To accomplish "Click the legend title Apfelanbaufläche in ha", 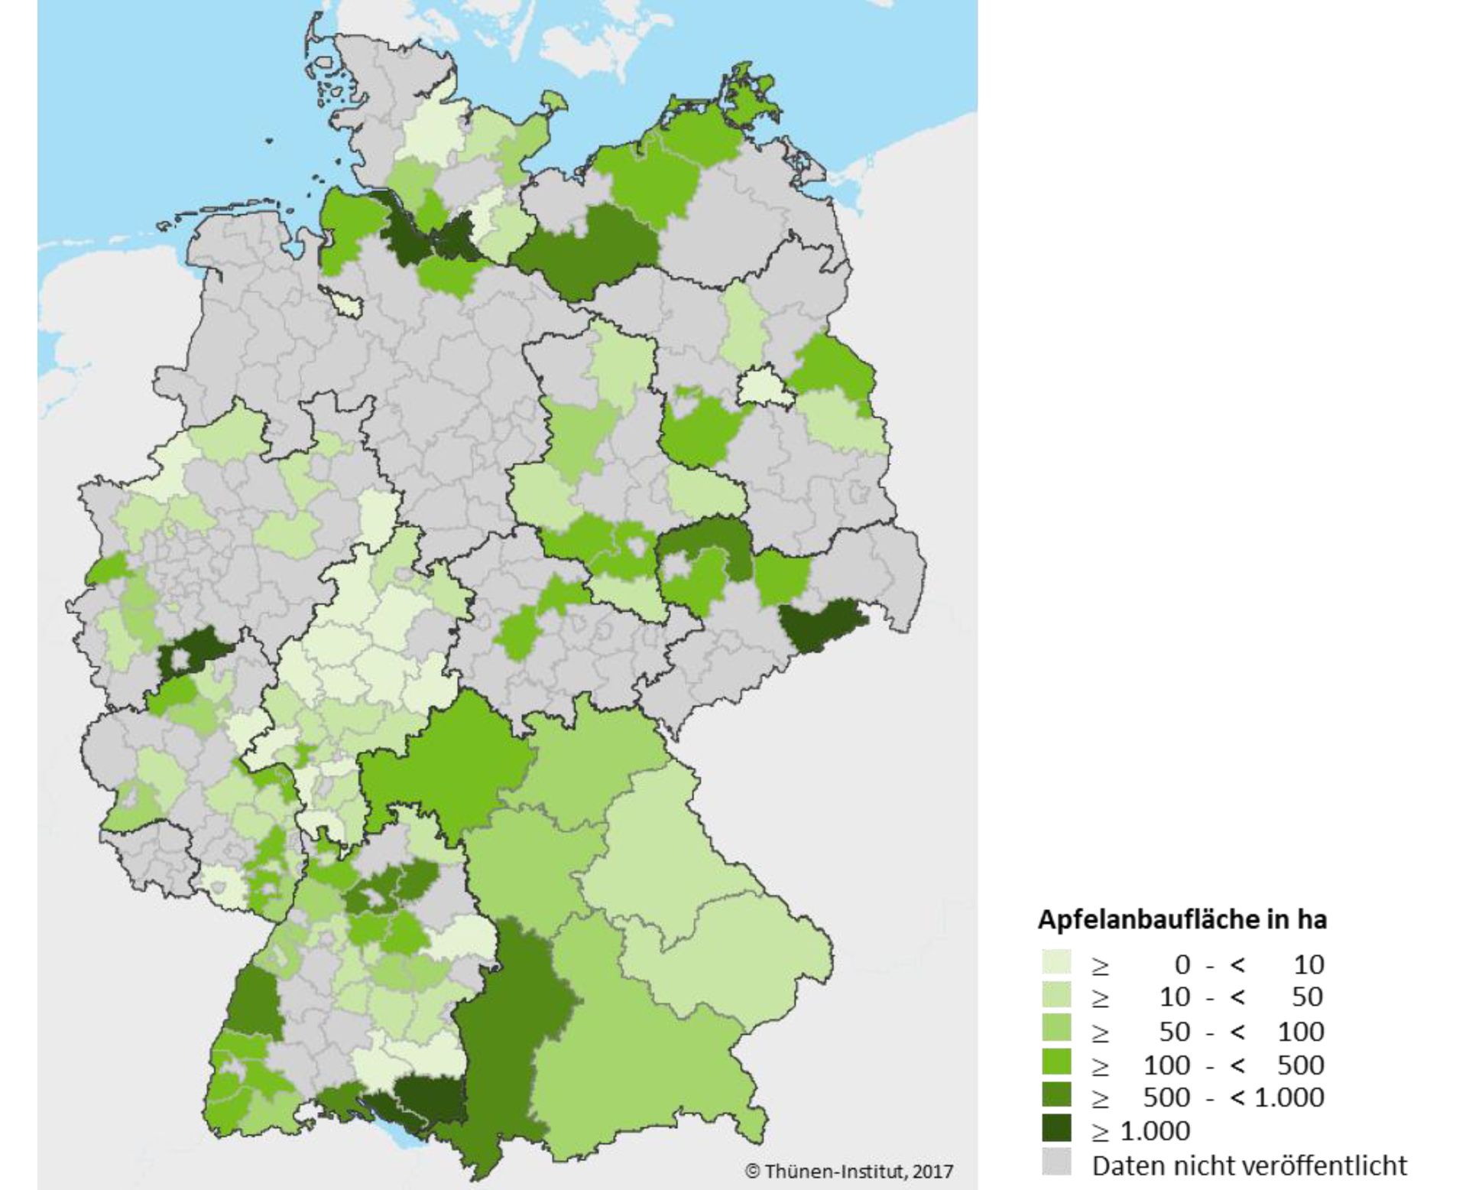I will point(1181,919).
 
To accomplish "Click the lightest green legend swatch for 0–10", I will point(1056,964).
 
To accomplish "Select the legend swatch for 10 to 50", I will point(1056,997).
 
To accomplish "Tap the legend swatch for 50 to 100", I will point(1056,1031).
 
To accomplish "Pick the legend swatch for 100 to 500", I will point(1056,1065).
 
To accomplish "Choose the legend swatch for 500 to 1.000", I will point(1056,1097).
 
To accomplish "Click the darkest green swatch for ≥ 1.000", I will point(1056,1130).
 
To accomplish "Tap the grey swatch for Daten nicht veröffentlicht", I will point(1056,1164).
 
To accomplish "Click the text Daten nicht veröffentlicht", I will point(1249,1165).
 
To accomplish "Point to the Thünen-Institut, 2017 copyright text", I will point(848,1171).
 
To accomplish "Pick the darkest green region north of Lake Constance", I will point(428,1099).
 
